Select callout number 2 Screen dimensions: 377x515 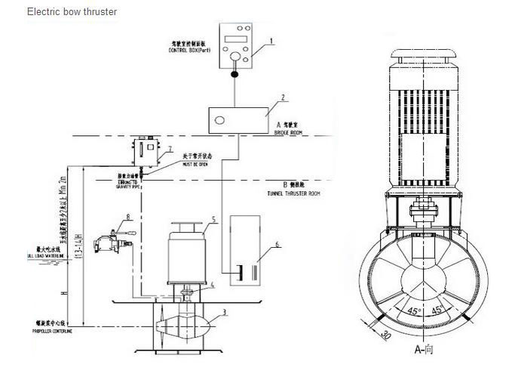tap(282, 97)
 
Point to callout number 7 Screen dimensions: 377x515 tap(170, 149)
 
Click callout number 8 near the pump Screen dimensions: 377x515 tap(128, 216)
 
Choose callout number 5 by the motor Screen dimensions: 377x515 tap(214, 220)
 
